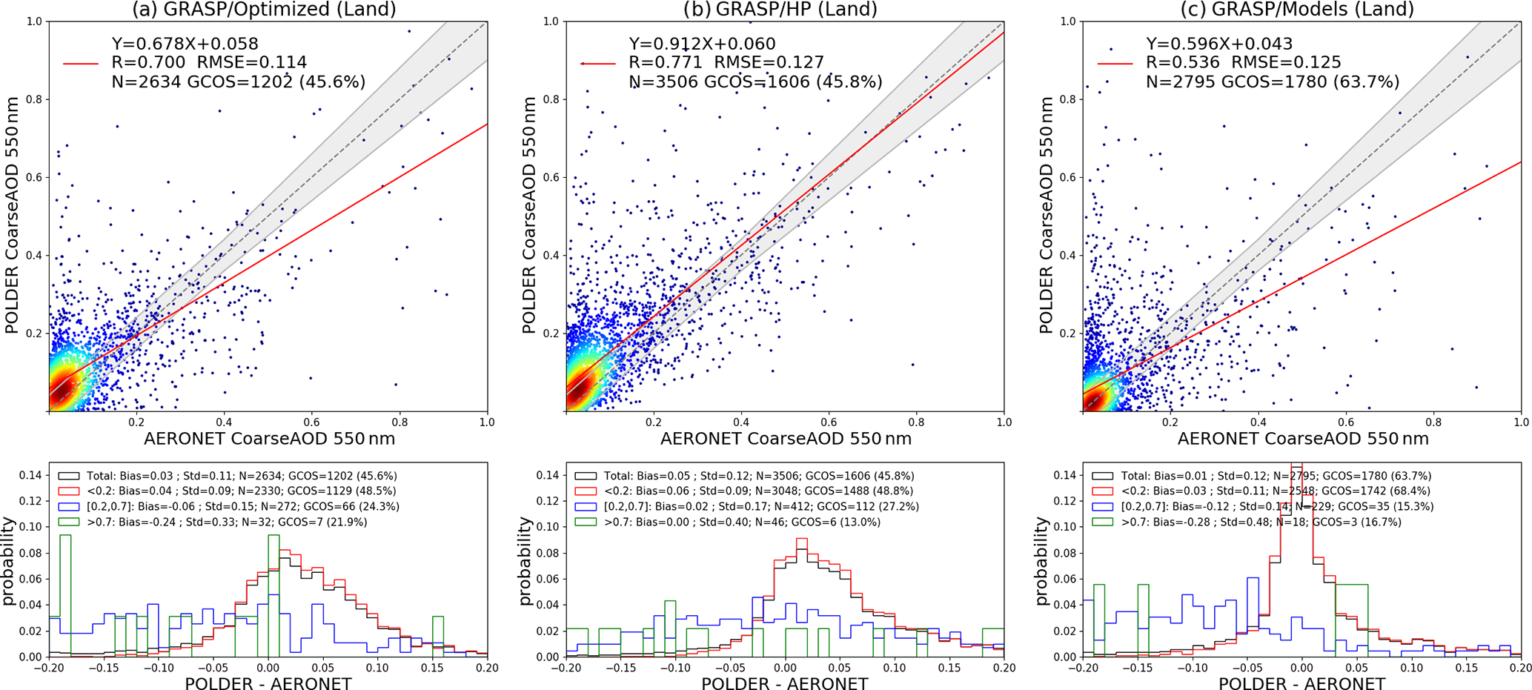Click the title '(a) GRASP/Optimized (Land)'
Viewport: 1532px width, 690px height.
264,9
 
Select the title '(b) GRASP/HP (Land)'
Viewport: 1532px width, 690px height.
781,9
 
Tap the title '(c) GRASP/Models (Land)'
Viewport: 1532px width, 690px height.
1297,9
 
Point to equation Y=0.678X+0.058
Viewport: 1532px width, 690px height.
185,44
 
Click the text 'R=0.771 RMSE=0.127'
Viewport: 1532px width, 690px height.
726,63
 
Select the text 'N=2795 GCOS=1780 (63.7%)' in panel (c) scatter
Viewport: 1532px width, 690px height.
1273,82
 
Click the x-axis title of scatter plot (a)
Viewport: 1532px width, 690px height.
269,439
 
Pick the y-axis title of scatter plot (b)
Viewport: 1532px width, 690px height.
528,216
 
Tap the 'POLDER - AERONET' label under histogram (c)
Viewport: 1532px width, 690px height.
1301,683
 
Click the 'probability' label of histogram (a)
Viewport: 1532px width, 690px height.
10,561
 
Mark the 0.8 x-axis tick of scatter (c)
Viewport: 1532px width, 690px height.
1433,422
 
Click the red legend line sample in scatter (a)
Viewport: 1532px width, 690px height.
81,64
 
